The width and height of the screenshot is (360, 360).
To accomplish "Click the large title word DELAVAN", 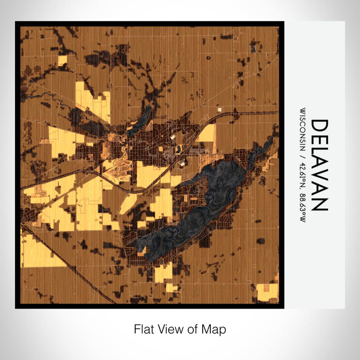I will click(x=319, y=165).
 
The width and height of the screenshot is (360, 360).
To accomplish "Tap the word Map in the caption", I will click(x=215, y=329).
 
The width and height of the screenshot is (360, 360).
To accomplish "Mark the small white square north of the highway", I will click(x=220, y=110).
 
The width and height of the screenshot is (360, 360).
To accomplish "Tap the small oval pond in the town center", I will click(x=178, y=149).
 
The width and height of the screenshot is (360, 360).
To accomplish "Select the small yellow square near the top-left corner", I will click(x=62, y=60).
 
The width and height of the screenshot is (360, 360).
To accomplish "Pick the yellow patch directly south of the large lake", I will click(x=164, y=272).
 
